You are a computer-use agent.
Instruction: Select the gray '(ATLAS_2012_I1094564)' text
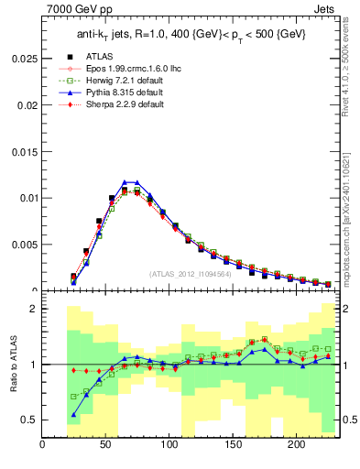pos(191,274)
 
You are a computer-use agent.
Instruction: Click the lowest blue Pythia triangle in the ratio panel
pos(73,415)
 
